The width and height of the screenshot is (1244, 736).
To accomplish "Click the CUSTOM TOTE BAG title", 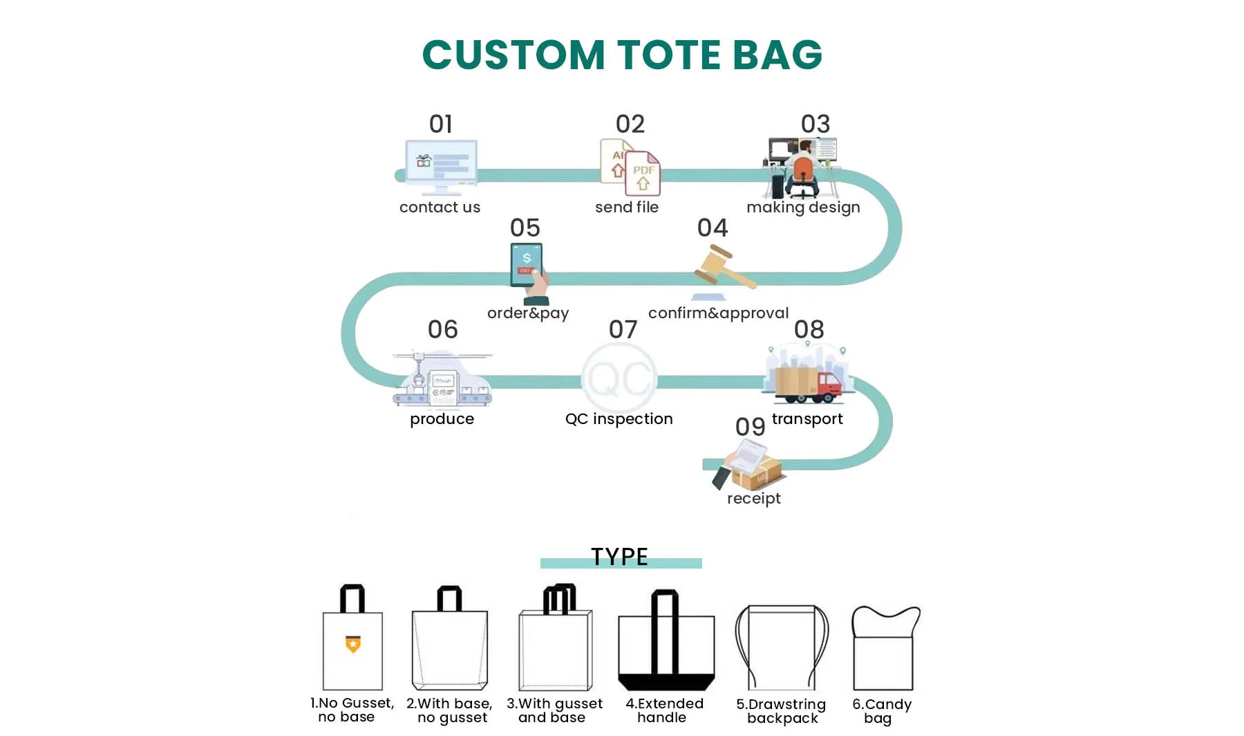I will [x=622, y=55].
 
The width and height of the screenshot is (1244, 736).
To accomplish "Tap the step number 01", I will [x=440, y=125].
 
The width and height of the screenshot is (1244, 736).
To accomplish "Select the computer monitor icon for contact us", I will [x=441, y=166].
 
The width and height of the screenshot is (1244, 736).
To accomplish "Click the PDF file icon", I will [x=643, y=174].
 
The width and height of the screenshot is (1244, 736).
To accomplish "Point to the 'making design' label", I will [x=803, y=208].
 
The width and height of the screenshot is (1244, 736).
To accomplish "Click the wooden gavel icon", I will [x=723, y=269].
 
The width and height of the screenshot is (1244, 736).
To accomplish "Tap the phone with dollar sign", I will [x=527, y=264].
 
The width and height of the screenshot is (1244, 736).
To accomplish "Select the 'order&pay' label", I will [x=528, y=313].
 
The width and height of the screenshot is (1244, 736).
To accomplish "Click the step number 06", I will [x=442, y=329].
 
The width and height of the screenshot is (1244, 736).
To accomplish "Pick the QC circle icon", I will [x=619, y=378].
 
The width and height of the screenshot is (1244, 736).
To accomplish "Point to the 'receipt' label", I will [x=753, y=499].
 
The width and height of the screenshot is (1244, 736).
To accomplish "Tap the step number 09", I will [x=750, y=427].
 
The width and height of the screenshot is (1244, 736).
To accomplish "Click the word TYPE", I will [x=619, y=557].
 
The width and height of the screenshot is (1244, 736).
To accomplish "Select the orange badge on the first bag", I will [x=353, y=644].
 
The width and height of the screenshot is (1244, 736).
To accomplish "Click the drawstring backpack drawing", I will [x=782, y=647].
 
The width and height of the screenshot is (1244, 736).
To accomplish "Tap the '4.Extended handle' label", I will [x=664, y=710].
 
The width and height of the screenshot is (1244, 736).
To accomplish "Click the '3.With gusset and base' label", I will [x=554, y=710].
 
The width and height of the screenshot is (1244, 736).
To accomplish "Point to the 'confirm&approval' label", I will [x=718, y=313].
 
